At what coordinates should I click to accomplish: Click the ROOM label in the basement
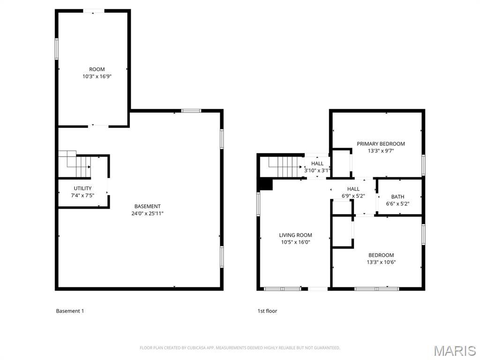[x=97, y=69]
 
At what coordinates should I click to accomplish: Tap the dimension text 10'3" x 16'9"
[x=97, y=76]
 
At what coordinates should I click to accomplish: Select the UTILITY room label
[x=82, y=188]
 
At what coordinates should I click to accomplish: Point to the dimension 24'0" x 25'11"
[x=148, y=213]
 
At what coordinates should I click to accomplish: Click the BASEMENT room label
[x=148, y=206]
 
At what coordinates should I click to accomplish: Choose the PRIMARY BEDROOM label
[x=381, y=144]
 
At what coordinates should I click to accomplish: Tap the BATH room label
[x=397, y=197]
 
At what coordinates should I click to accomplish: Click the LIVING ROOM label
[x=295, y=235]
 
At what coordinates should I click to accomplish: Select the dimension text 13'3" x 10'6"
[x=381, y=262]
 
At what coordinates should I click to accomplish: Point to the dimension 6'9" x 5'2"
[x=353, y=196]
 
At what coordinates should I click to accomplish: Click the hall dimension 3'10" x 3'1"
[x=317, y=171]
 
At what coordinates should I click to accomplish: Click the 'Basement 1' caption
[x=70, y=311]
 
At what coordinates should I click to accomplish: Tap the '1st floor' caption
[x=267, y=311]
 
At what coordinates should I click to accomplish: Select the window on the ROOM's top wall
[x=94, y=11]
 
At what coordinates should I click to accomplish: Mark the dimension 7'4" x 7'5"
[x=82, y=195]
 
